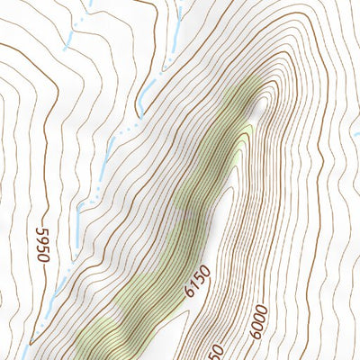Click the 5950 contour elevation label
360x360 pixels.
tap(41, 245)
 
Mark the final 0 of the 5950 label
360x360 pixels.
tap(40, 231)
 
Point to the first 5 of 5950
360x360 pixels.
tap(42, 257)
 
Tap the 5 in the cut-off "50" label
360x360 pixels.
tap(215, 354)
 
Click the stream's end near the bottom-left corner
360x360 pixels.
tap(31, 343)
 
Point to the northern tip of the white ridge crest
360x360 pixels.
tap(260, 103)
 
